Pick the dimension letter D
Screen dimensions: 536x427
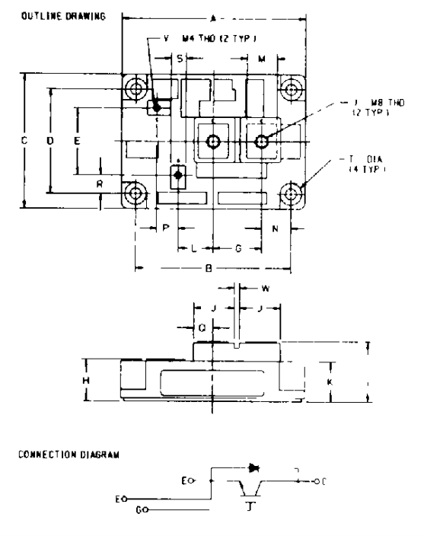(50, 142)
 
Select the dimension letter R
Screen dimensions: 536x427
(100, 184)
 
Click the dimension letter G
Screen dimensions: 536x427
(238, 248)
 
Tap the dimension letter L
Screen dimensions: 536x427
(194, 248)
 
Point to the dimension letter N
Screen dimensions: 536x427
(275, 228)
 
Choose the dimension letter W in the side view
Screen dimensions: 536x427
(265, 289)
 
